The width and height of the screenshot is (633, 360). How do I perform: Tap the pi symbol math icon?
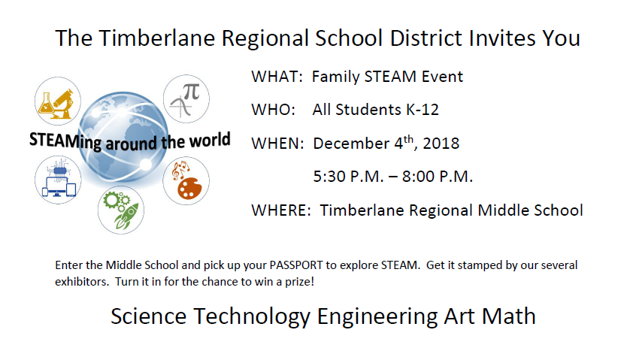point(186,98)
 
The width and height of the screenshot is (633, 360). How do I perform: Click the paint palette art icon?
point(186,181)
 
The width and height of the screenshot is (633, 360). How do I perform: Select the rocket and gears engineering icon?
point(121,209)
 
